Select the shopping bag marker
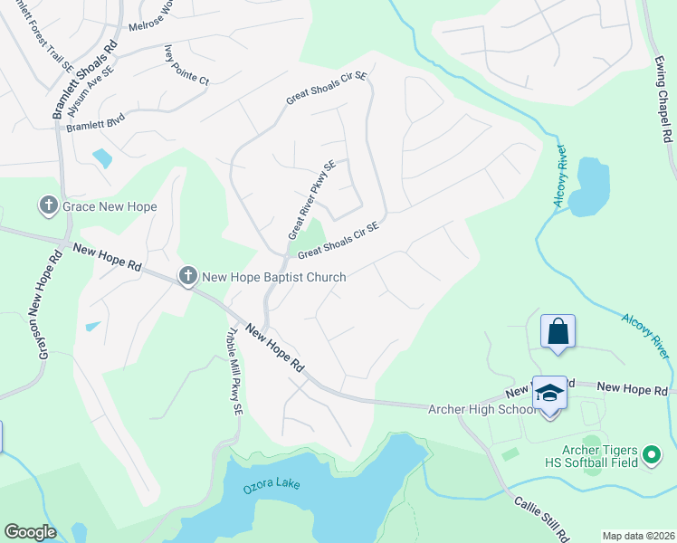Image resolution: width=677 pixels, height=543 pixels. [x=558, y=331]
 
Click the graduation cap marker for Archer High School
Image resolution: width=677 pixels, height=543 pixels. [x=549, y=393]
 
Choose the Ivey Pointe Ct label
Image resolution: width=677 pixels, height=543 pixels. [x=186, y=66]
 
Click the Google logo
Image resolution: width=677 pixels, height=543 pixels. [x=30, y=532]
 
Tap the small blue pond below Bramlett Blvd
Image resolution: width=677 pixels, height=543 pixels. [x=102, y=157]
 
